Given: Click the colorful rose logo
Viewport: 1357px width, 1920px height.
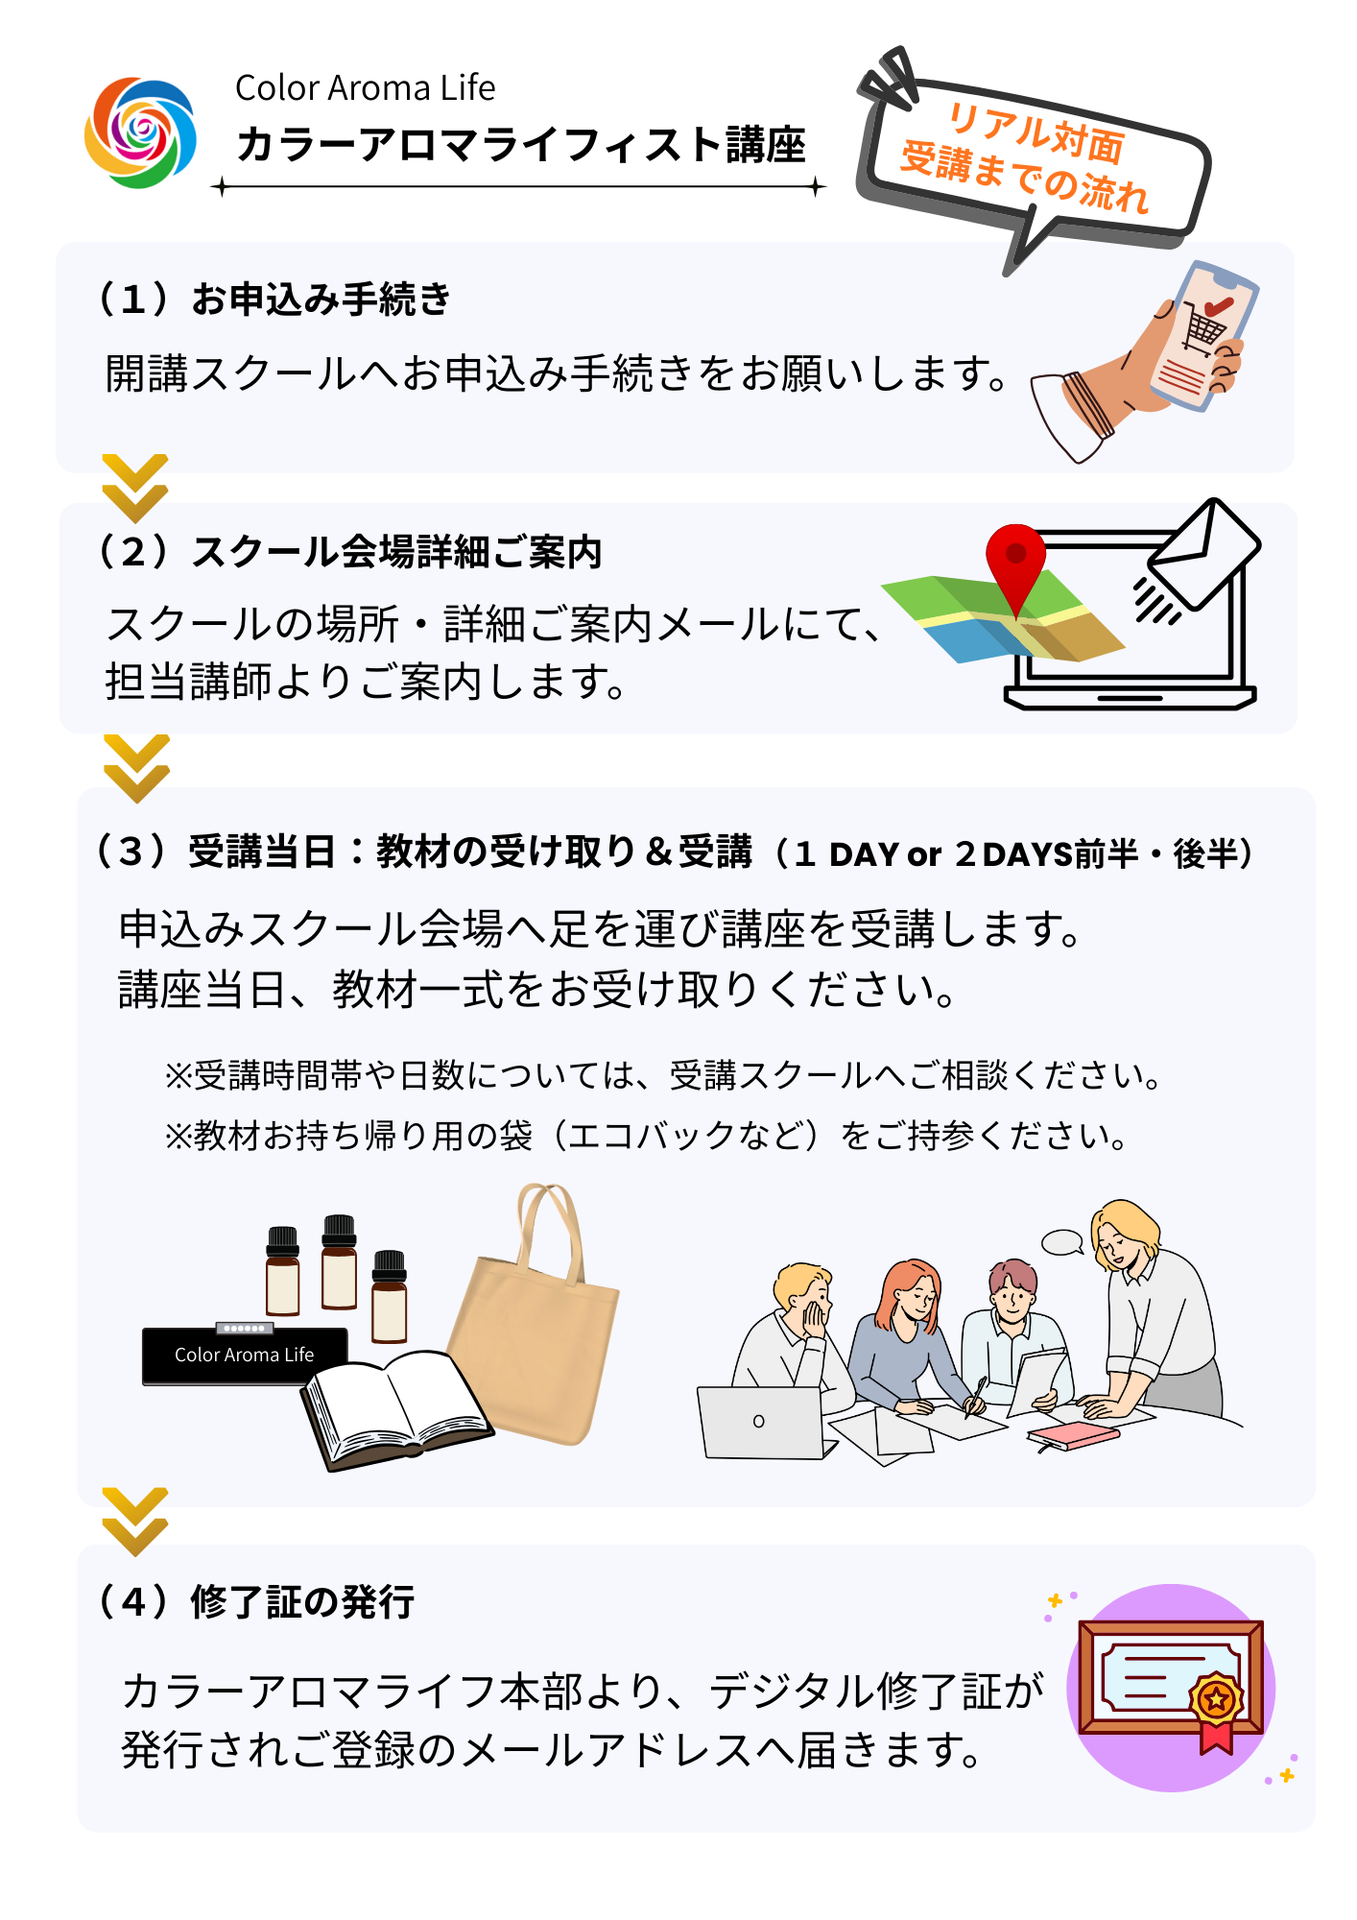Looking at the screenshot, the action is tap(140, 132).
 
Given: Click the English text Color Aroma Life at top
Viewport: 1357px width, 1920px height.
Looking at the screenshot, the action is tap(365, 88).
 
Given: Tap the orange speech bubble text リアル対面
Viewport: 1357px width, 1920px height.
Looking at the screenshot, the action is tap(1036, 132).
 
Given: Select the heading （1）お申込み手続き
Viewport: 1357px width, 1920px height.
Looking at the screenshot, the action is tap(273, 299).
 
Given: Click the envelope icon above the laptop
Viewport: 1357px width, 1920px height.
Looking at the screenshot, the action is tap(1205, 555).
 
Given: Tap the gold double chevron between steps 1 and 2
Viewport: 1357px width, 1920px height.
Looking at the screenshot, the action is tap(135, 488).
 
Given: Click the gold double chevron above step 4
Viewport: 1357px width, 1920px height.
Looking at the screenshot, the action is tap(135, 1522).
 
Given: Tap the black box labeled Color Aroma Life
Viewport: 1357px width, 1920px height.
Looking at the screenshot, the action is tap(244, 1355).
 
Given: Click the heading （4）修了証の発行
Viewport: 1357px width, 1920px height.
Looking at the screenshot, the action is tap(255, 1601).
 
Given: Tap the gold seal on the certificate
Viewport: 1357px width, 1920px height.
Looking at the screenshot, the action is tap(1216, 1700).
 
